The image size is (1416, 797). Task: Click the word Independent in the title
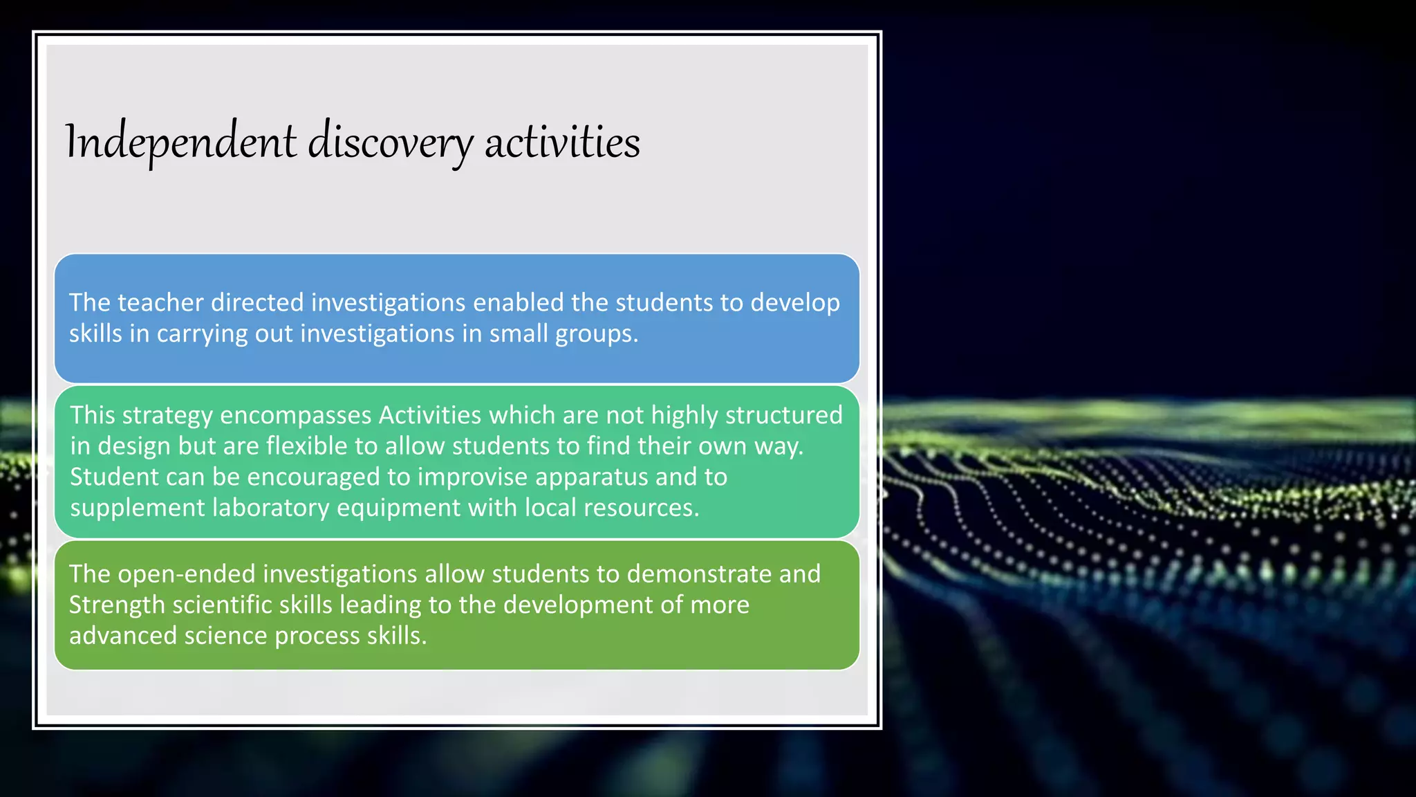coord(181,142)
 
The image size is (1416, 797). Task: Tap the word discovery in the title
coord(390,142)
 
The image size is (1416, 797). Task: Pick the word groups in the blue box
coord(596,334)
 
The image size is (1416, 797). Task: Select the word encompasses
coord(296,415)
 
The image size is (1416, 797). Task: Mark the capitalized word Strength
coord(117,605)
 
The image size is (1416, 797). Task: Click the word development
coord(577,605)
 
